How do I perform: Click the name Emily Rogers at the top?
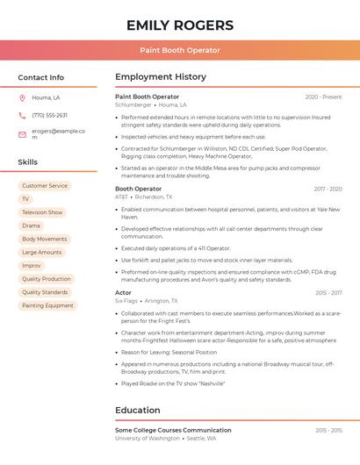tap(180, 25)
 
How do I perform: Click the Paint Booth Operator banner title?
tap(180, 50)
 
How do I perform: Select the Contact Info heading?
tap(41, 77)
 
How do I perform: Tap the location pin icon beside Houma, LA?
tap(22, 97)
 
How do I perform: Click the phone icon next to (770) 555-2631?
tap(22, 115)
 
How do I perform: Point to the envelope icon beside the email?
tap(22, 134)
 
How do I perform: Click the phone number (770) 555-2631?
tap(49, 115)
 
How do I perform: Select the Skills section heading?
tap(28, 162)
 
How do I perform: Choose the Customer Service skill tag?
tap(45, 186)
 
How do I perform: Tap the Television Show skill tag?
tap(42, 212)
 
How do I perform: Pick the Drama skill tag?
tap(31, 225)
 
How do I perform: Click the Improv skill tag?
tap(32, 265)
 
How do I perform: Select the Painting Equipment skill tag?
tap(47, 305)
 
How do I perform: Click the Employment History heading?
tap(161, 77)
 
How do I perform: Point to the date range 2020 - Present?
tap(323, 97)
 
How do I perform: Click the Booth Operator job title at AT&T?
tap(139, 189)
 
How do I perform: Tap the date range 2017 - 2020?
tap(327, 189)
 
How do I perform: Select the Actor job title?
tap(124, 292)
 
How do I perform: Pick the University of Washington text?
tap(147, 438)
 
